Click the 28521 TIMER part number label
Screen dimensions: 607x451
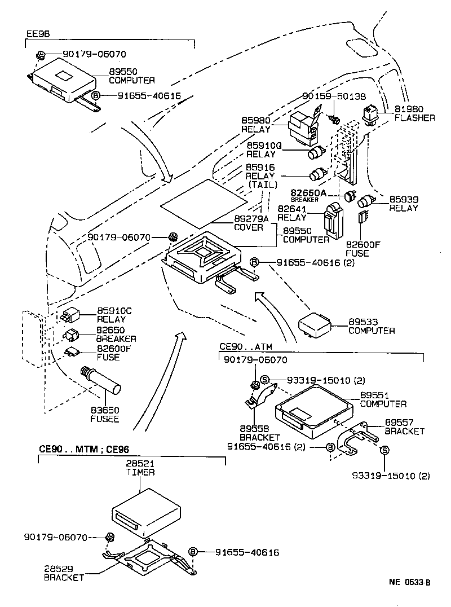pyautogui.click(x=140, y=468)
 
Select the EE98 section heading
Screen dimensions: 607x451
pyautogui.click(x=38, y=34)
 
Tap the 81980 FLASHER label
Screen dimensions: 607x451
pyautogui.click(x=414, y=113)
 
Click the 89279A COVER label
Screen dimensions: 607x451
pyautogui.click(x=249, y=223)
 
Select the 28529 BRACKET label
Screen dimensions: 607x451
pyautogui.click(x=64, y=573)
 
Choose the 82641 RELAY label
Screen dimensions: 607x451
pyautogui.click(x=291, y=213)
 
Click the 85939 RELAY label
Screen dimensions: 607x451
pyautogui.click(x=404, y=204)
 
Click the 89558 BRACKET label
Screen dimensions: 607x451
pyautogui.click(x=259, y=433)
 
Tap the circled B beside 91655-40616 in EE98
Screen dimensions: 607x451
pyautogui.click(x=96, y=96)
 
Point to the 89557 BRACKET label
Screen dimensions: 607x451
pyautogui.click(x=404, y=426)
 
